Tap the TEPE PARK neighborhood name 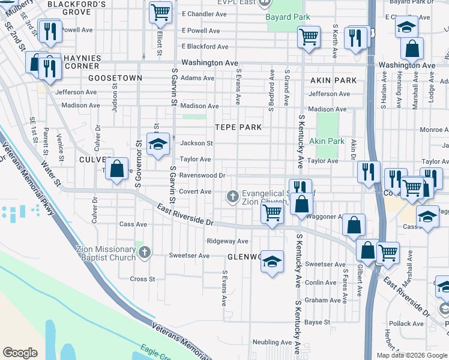pyautogui.click(x=239, y=127)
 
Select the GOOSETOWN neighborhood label pyautogui.click(x=115, y=78)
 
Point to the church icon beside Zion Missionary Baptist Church pyautogui.click(x=144, y=253)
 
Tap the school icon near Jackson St pyautogui.click(x=158, y=145)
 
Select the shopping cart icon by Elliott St pyautogui.click(x=160, y=12)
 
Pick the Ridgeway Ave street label pyautogui.click(x=227, y=241)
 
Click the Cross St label pyautogui.click(x=142, y=279)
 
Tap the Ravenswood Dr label pyautogui.click(x=203, y=176)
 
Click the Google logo pyautogui.click(x=20, y=353)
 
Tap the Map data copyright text pyautogui.click(x=411, y=355)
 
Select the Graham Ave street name pyautogui.click(x=322, y=300)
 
